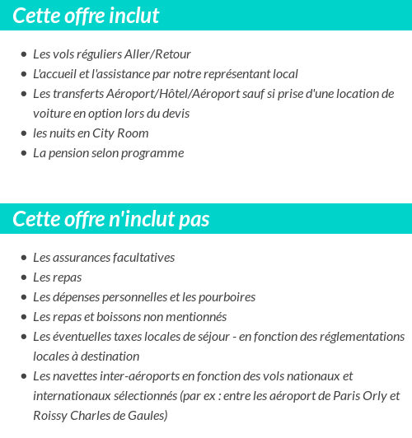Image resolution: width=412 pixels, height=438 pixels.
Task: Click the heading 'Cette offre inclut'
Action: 86,16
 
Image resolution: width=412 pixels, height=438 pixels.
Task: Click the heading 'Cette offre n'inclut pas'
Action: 111,220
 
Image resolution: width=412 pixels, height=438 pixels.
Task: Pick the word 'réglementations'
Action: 358,337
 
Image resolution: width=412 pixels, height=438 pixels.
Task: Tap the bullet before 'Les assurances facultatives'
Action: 24,259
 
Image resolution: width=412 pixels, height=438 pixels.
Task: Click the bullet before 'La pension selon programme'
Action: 24,154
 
